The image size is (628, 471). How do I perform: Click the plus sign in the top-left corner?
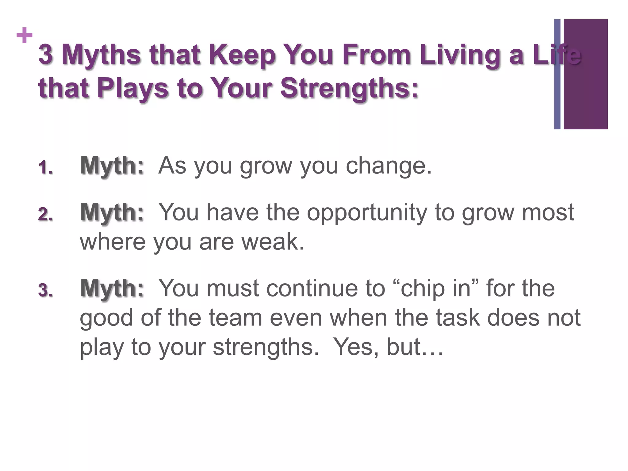[25, 36]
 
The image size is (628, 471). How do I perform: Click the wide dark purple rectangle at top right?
[586, 74]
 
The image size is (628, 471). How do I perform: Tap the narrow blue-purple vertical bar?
[557, 74]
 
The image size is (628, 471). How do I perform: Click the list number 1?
[45, 168]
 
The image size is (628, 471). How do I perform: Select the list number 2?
[45, 214]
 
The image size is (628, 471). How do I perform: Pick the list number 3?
[45, 290]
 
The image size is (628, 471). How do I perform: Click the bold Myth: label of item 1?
[112, 166]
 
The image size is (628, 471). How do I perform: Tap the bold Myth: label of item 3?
[112, 288]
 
